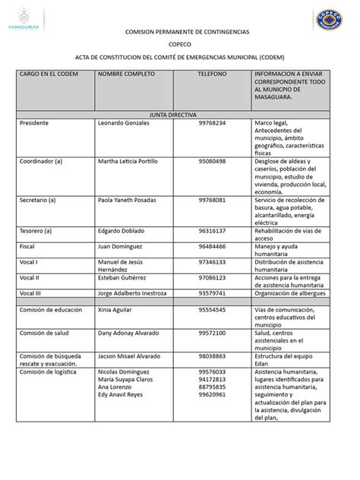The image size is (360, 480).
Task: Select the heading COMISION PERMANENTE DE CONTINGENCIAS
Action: [179, 34]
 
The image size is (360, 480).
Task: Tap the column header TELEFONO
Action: [212, 76]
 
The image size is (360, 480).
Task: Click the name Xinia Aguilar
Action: [118, 311]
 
